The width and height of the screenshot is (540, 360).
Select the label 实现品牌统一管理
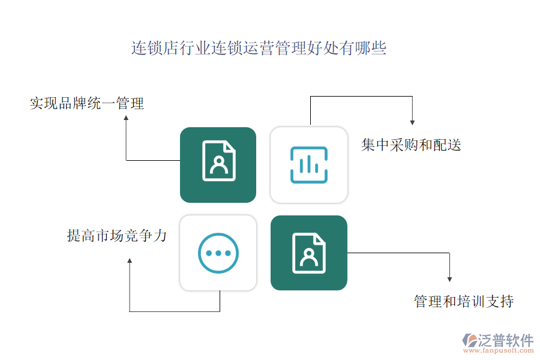[87, 104]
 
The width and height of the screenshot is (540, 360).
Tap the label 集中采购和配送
[411, 145]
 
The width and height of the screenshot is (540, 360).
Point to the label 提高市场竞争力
[116, 236]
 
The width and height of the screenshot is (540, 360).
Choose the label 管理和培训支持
[463, 301]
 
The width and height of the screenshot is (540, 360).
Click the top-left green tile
[218, 164]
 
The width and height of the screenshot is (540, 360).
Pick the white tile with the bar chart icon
[308, 164]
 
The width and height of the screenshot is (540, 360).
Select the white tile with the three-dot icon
[218, 253]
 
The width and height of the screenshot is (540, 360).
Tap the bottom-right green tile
[308, 253]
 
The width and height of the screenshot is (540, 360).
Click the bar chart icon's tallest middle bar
[308, 164]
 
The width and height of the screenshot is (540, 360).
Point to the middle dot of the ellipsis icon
[218, 253]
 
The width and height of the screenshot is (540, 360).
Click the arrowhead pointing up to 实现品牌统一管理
[126, 119]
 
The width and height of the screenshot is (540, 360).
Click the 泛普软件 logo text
[505, 340]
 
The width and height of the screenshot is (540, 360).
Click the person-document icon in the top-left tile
[219, 161]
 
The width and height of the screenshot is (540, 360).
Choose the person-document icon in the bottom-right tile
[309, 253]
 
